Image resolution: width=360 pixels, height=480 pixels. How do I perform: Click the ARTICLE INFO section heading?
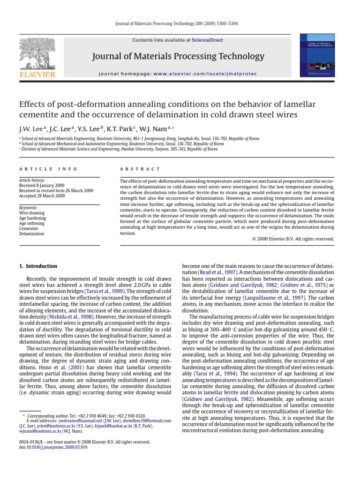[x=42, y=169]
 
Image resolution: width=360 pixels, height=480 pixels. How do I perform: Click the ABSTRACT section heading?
[x=140, y=169]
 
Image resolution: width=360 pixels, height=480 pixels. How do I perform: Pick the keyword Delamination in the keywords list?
[x=32, y=233]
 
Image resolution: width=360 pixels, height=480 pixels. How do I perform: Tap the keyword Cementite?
[x=29, y=228]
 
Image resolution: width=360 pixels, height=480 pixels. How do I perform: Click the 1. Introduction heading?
[x=38, y=266]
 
